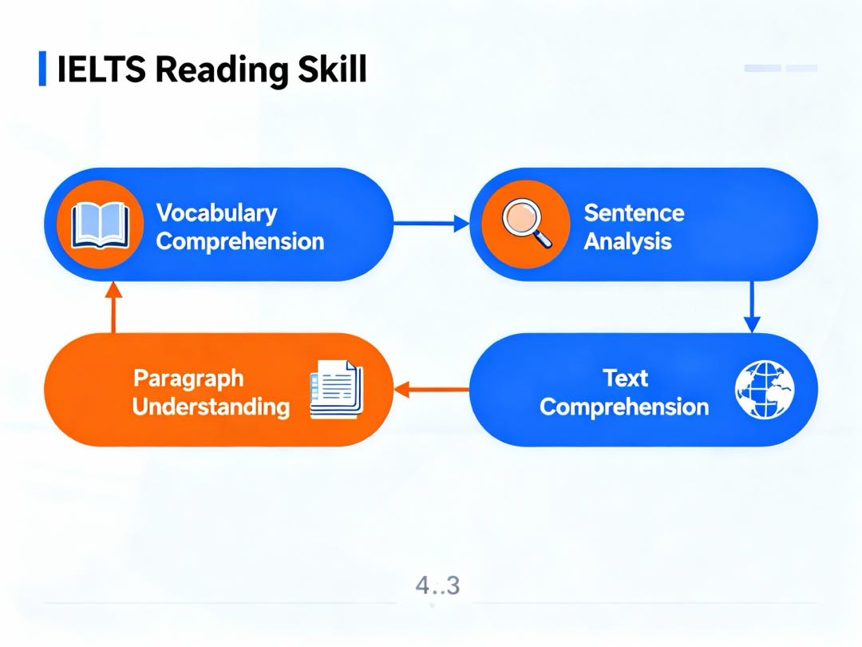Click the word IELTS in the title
(101, 69)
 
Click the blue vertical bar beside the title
(42, 69)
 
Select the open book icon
(101, 225)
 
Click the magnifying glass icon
(527, 224)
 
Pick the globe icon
(765, 390)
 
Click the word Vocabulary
(216, 213)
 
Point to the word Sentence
(634, 213)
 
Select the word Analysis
(628, 241)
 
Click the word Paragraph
(188, 379)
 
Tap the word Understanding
(211, 407)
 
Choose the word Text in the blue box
(625, 379)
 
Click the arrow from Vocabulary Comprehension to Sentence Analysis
(432, 224)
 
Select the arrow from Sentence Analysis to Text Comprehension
(752, 307)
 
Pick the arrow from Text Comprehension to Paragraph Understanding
(432, 390)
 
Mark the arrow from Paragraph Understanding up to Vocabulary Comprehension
(113, 307)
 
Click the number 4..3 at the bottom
(437, 585)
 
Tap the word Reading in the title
(222, 70)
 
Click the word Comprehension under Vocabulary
(239, 242)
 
